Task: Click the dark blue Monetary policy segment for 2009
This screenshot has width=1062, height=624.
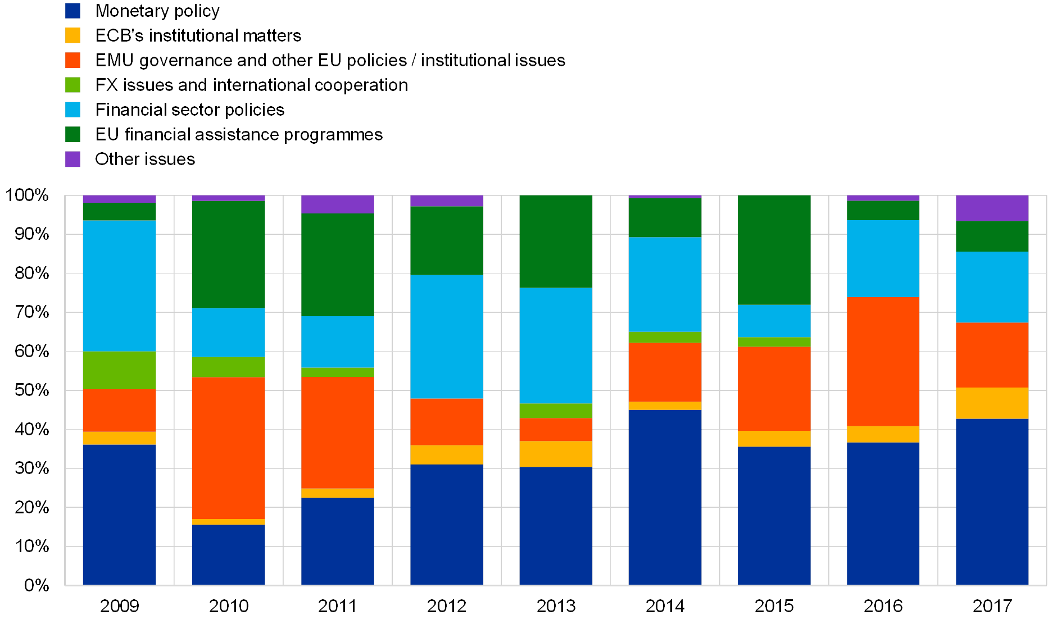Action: pyautogui.click(x=119, y=514)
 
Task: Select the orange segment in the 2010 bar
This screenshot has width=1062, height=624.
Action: pyautogui.click(x=229, y=448)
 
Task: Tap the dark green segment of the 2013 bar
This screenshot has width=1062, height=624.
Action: pyautogui.click(x=556, y=242)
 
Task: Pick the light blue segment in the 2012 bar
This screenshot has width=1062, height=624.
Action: pyautogui.click(x=447, y=336)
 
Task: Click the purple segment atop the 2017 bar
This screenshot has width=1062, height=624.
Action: pyautogui.click(x=992, y=208)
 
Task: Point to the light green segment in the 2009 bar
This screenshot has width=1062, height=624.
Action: pyautogui.click(x=119, y=370)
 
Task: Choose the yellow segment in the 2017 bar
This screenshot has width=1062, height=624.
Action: pyautogui.click(x=992, y=403)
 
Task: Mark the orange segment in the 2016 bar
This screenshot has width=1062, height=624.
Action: pyautogui.click(x=883, y=362)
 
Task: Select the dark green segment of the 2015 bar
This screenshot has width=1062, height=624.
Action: pyautogui.click(x=774, y=250)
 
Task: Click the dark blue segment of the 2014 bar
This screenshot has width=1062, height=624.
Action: pyautogui.click(x=665, y=498)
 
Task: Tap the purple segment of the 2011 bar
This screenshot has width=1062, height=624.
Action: pyautogui.click(x=338, y=204)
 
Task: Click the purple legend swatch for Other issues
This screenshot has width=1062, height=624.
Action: pyautogui.click(x=73, y=160)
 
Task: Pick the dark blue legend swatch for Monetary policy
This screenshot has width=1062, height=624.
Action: pyautogui.click(x=73, y=11)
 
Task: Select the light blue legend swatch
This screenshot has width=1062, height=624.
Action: pyautogui.click(x=73, y=110)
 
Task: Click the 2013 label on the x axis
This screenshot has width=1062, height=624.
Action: pyautogui.click(x=556, y=606)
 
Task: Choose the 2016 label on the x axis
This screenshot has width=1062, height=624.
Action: pyautogui.click(x=883, y=606)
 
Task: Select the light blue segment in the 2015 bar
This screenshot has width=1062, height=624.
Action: pyautogui.click(x=774, y=321)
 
